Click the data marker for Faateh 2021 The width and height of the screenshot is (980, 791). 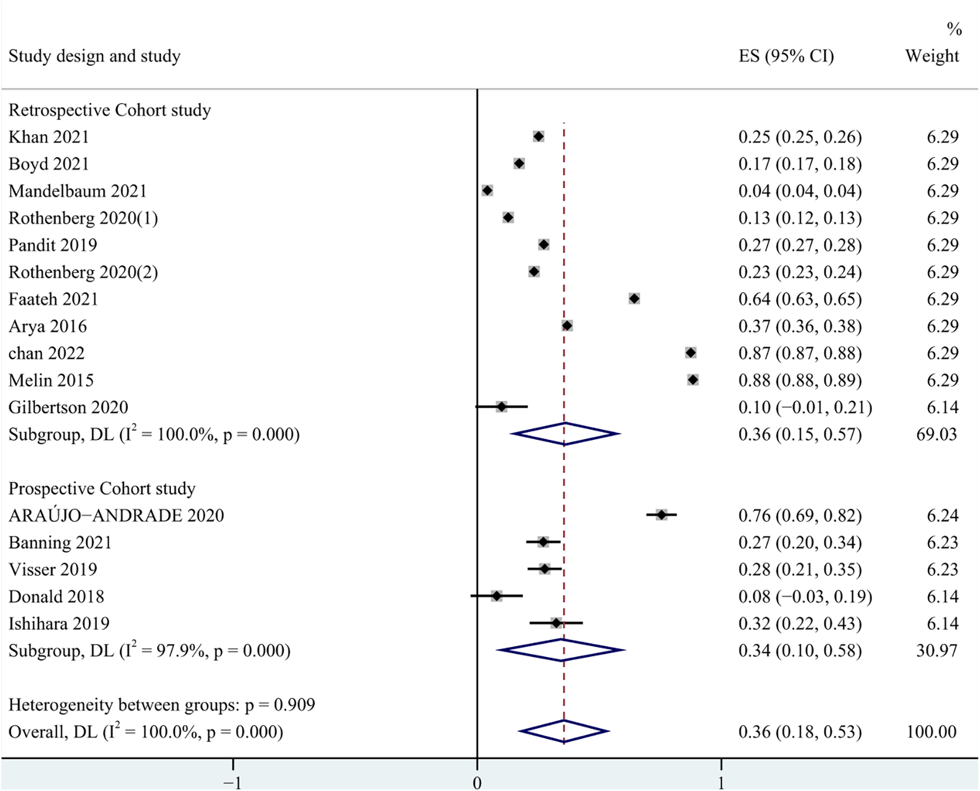pyautogui.click(x=634, y=299)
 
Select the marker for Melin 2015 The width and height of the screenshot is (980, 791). pyautogui.click(x=693, y=380)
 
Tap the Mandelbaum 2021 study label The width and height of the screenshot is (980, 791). pyautogui.click(x=78, y=191)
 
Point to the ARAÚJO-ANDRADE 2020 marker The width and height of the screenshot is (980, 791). pyautogui.click(x=662, y=515)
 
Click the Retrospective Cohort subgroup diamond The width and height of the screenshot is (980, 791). pyautogui.click(x=565, y=434)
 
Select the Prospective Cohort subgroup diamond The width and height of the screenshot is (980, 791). pyautogui.click(x=561, y=650)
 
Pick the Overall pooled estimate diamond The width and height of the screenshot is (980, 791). pyautogui.click(x=564, y=731)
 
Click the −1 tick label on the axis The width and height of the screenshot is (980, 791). pyautogui.click(x=232, y=783)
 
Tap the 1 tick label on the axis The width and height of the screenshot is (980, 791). pyautogui.click(x=721, y=783)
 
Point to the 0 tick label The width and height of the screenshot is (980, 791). pyautogui.click(x=477, y=783)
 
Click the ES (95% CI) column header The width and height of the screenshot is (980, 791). pyautogui.click(x=786, y=56)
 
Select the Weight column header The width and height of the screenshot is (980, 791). pyautogui.click(x=931, y=56)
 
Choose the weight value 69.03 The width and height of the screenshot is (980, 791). pyautogui.click(x=936, y=434)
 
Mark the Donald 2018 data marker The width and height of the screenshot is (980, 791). pyautogui.click(x=496, y=596)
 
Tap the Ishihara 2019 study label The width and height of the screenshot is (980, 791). pyautogui.click(x=59, y=624)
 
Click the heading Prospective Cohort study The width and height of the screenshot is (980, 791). pyautogui.click(x=102, y=488)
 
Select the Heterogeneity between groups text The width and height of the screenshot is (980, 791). pyautogui.click(x=161, y=705)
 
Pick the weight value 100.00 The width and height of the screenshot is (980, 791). pyautogui.click(x=931, y=732)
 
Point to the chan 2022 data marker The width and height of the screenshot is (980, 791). pyautogui.click(x=691, y=353)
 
